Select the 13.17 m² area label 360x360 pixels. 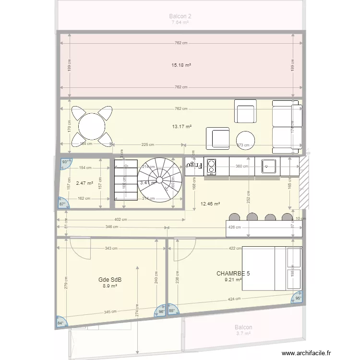(181, 127)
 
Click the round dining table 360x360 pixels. (92, 126)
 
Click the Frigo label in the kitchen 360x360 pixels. (193, 165)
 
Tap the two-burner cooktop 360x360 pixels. (211, 167)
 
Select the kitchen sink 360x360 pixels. (267, 166)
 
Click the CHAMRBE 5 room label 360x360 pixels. (233, 273)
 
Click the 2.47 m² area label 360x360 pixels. (84, 183)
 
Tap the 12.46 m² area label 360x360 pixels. (210, 204)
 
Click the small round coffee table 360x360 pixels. (246, 139)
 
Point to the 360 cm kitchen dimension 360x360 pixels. (243, 167)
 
